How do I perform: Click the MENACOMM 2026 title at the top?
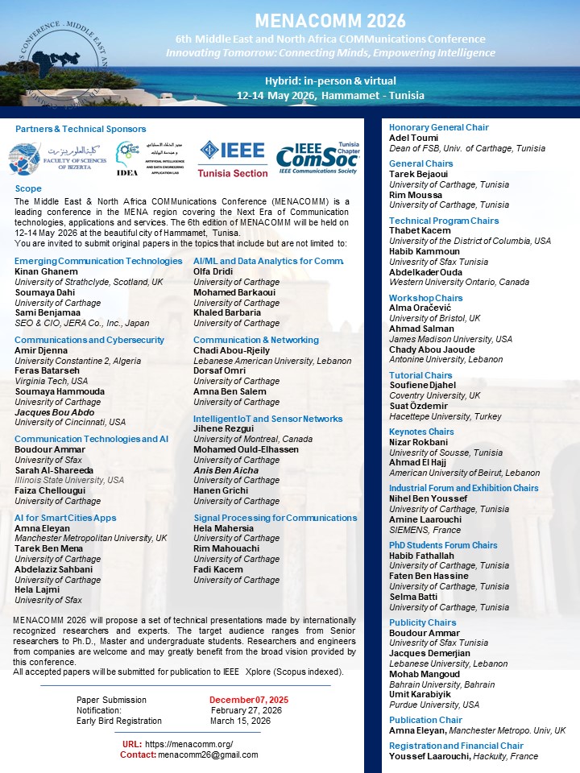pos(330,20)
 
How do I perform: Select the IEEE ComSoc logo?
pos(317,159)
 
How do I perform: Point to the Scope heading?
pos(28,188)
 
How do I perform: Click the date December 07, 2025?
pos(248,700)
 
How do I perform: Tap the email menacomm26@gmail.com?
pos(208,754)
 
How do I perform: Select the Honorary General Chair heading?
pos(438,127)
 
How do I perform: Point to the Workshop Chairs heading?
pos(425,298)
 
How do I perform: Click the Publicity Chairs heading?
pos(422,622)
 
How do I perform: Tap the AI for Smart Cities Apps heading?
pos(65,518)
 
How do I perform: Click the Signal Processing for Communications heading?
pos(275,518)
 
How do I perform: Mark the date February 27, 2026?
pos(246,710)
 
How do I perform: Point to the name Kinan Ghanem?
pos(46,271)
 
